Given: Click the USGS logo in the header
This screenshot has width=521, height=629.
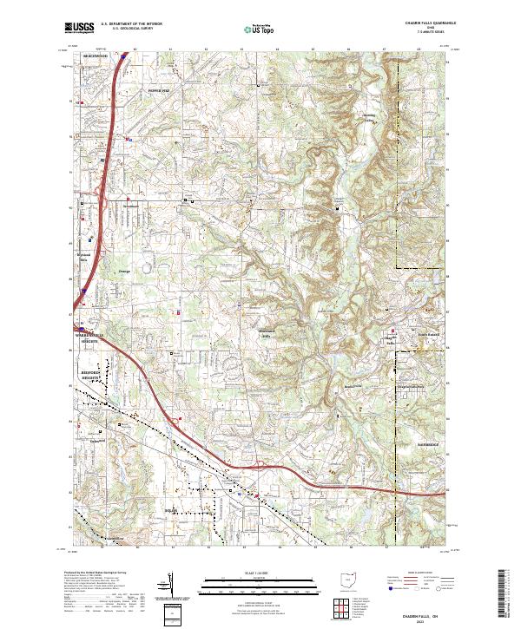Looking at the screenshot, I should (79, 28).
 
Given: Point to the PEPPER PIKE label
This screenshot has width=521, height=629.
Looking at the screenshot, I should (161, 89).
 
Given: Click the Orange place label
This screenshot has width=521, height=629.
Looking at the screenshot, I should (123, 272).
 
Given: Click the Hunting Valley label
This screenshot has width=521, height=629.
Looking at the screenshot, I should (370, 115).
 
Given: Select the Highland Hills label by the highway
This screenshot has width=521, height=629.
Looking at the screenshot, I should (85, 257).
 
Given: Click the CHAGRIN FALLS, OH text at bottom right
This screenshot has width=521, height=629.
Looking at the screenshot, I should (423, 614).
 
